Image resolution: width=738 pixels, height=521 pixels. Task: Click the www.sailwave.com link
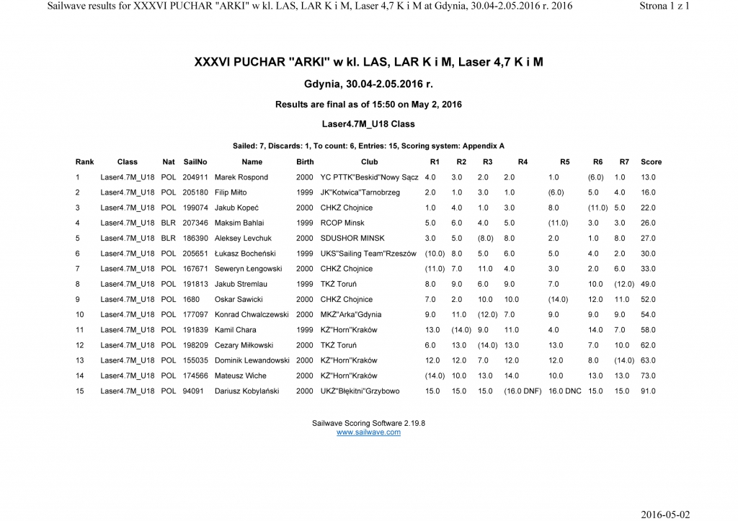click(x=368, y=432)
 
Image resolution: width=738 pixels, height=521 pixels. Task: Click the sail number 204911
click(x=195, y=177)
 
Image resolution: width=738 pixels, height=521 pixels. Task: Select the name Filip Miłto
click(x=231, y=192)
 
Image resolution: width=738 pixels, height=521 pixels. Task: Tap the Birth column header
click(x=305, y=162)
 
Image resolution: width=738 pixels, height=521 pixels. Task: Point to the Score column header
click(x=651, y=162)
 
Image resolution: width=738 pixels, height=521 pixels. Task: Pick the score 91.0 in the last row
click(x=648, y=391)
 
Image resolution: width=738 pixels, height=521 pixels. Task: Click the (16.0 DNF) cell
click(x=523, y=391)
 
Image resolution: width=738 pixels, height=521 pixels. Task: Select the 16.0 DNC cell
click(x=564, y=391)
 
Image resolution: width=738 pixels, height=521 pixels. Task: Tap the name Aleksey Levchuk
click(x=243, y=239)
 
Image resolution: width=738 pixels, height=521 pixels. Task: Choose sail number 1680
click(x=191, y=300)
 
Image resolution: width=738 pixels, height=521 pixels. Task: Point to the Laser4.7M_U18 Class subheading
click(x=368, y=124)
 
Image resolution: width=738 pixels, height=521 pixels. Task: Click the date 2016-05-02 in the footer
click(x=665, y=514)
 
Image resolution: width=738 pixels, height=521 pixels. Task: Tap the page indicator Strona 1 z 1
click(x=664, y=6)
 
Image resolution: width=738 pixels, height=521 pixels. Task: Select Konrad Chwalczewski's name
click(x=252, y=315)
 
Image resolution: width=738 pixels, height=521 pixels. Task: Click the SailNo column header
click(x=195, y=162)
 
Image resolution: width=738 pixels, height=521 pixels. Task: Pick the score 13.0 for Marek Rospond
click(x=648, y=177)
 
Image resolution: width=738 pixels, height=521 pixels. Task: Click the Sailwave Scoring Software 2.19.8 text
click(x=368, y=424)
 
